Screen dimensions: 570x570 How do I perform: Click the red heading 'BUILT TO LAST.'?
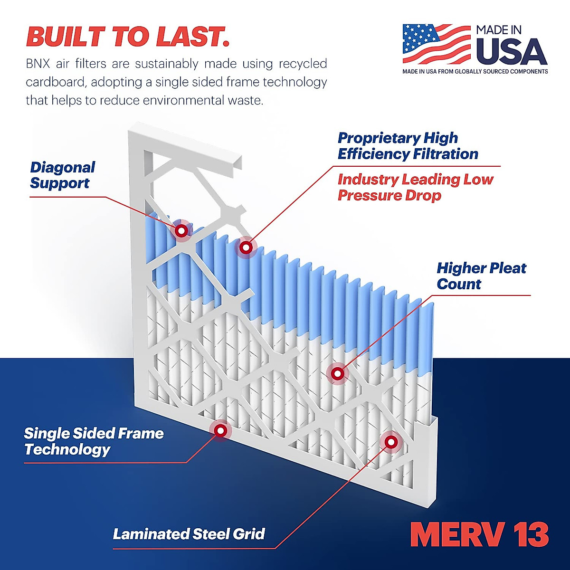pos(127,37)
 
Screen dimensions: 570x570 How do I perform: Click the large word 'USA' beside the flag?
pos(511,52)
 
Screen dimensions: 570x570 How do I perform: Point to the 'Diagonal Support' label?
pos(62,175)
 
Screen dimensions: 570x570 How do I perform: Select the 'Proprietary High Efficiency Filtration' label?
pos(407,146)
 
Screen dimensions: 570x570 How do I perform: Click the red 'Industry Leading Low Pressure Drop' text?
pos(415,187)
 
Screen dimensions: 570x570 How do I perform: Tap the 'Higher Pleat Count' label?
pos(481,276)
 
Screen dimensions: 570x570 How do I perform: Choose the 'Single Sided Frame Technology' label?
pos(94,441)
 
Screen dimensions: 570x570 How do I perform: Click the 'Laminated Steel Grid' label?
pos(189,534)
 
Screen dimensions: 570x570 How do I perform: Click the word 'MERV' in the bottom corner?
pos(456,535)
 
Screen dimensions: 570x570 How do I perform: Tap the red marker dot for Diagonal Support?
pos(181,231)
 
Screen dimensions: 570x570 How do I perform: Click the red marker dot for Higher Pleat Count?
pos(337,374)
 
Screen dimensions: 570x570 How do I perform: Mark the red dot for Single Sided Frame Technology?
pos(220,430)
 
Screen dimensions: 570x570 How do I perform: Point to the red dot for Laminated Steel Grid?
pos(390,442)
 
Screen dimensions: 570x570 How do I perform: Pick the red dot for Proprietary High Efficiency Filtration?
pos(246,247)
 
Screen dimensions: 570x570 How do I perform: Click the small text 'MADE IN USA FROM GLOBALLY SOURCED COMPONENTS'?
pos(475,72)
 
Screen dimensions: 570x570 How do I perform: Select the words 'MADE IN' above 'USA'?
pos(499,30)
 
